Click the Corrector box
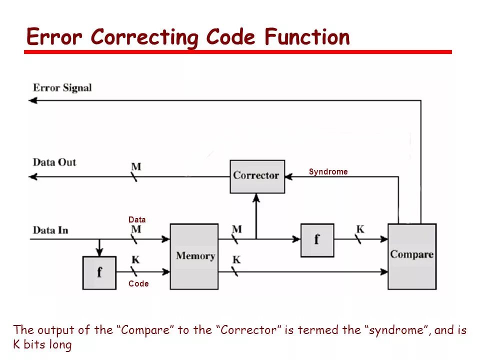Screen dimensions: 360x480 [257, 176]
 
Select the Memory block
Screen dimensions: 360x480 [194, 256]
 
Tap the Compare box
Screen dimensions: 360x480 [412, 256]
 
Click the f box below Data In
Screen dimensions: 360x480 [99, 272]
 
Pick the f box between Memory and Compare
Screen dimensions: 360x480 [317, 239]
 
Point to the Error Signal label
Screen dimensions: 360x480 [62, 88]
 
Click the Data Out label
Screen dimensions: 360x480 [54, 162]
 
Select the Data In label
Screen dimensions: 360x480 [50, 230]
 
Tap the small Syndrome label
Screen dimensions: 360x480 [328, 172]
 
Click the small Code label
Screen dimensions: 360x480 [138, 284]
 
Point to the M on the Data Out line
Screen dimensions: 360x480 [135, 166]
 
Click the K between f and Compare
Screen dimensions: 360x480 [360, 229]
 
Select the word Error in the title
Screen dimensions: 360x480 [55, 37]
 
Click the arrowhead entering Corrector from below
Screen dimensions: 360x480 [256, 197]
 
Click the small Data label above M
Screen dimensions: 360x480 [137, 219]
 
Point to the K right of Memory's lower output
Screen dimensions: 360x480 [236, 260]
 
